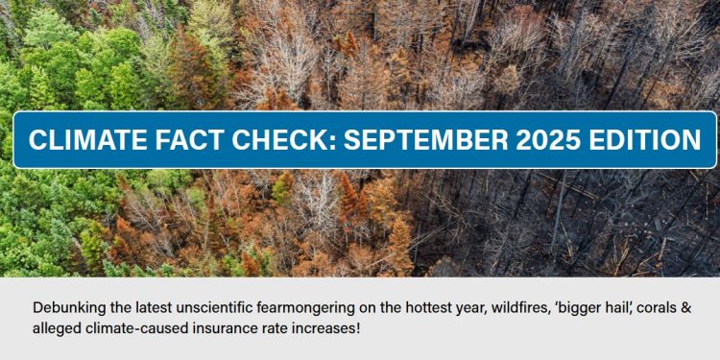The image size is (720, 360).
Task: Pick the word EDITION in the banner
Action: point(642,140)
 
